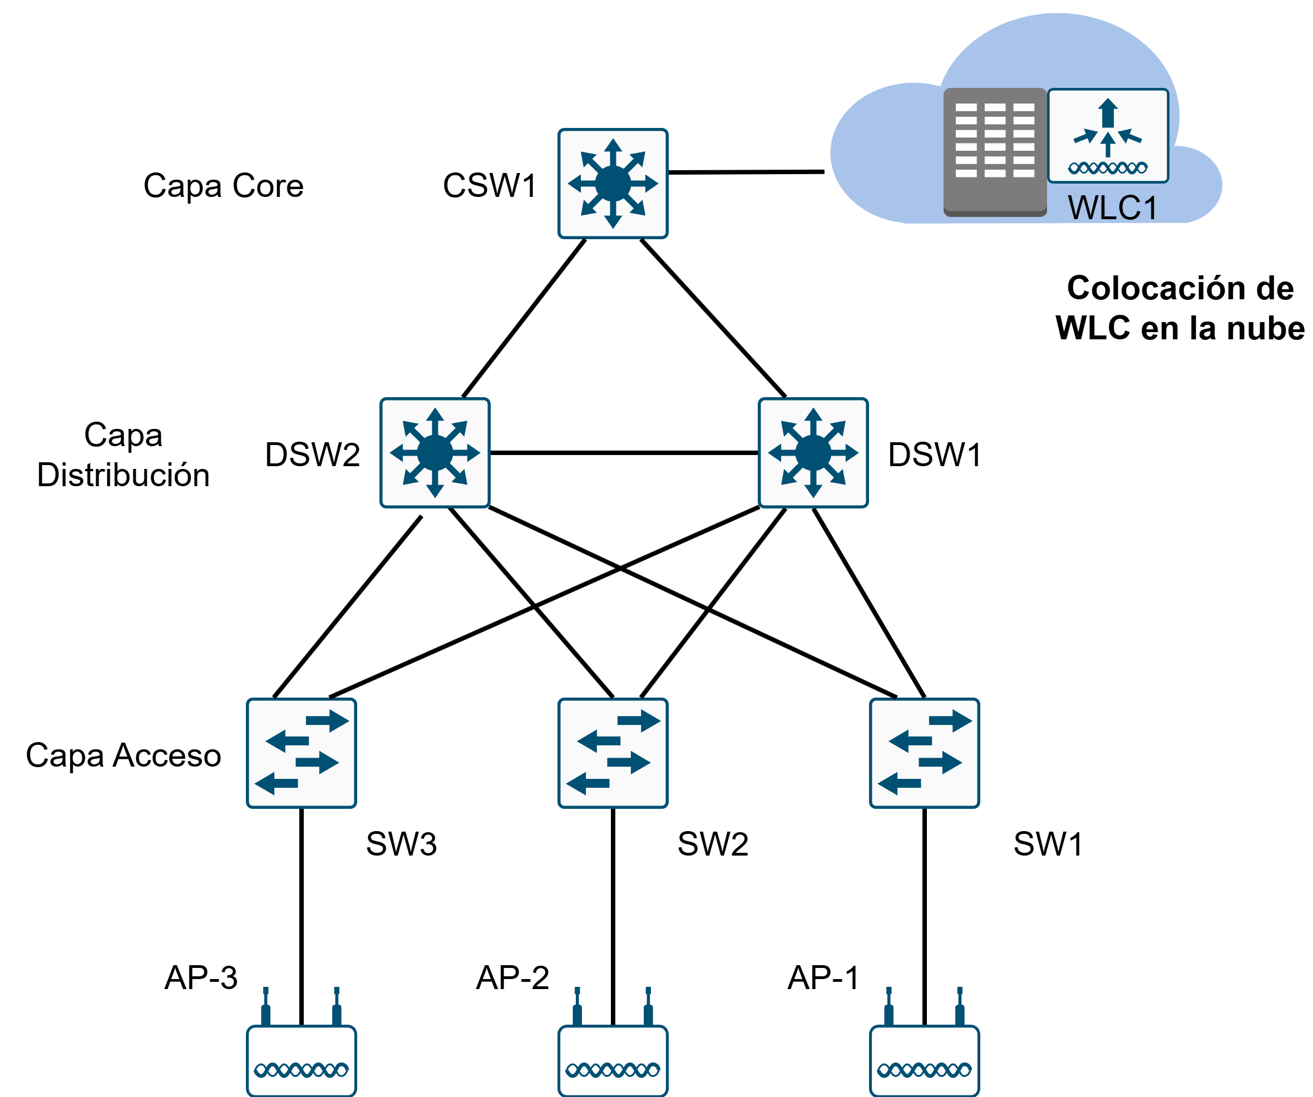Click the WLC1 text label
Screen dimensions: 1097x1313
point(1112,208)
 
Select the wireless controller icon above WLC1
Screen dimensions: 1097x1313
point(1107,136)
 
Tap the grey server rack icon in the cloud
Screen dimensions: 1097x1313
point(995,152)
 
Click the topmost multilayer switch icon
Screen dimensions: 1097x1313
point(613,184)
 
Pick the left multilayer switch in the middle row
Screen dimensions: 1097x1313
point(435,453)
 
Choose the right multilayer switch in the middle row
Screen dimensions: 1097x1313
point(813,453)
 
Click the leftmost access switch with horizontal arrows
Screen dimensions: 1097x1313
point(302,753)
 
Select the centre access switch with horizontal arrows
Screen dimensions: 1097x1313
point(613,753)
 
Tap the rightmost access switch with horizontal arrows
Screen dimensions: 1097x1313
point(924,753)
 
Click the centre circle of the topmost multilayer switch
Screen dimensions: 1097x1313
point(613,184)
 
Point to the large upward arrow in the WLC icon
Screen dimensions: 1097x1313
point(1108,112)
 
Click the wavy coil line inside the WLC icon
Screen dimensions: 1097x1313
point(1107,167)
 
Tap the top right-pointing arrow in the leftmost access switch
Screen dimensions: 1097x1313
point(328,721)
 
